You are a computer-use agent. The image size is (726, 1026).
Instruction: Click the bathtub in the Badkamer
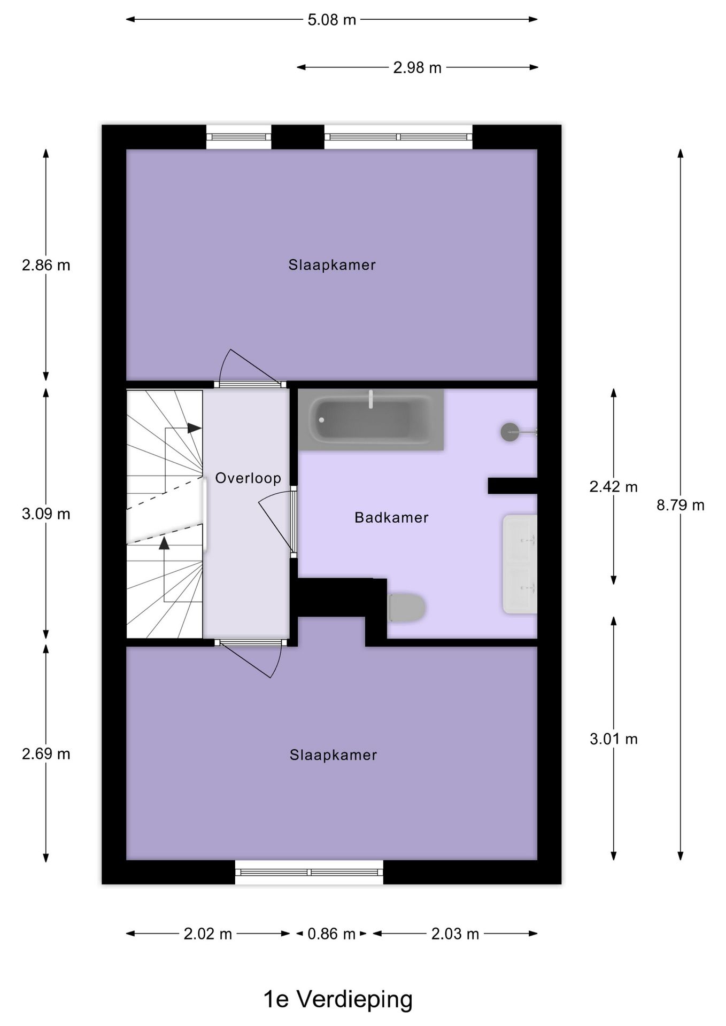(x=370, y=419)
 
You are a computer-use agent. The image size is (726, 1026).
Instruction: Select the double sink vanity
(x=520, y=564)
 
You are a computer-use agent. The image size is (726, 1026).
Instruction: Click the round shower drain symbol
(x=509, y=432)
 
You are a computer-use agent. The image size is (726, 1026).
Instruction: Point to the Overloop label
(x=248, y=478)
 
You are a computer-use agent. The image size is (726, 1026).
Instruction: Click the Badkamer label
(x=391, y=517)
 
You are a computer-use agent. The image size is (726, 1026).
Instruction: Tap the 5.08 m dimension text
(x=331, y=20)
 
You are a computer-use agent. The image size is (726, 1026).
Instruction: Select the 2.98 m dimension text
(x=417, y=67)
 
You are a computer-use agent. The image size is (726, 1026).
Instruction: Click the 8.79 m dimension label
(x=680, y=505)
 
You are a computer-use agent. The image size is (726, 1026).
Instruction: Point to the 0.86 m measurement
(x=331, y=934)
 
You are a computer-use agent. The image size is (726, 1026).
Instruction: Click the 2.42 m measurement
(x=613, y=486)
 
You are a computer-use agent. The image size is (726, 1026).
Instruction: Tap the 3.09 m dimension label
(x=46, y=514)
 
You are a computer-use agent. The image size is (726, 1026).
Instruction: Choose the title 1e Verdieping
(x=338, y=999)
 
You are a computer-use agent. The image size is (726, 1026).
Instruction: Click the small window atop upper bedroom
(x=238, y=137)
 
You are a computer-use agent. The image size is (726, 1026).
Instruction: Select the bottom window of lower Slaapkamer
(x=309, y=872)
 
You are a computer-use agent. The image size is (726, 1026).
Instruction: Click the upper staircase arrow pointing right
(x=194, y=428)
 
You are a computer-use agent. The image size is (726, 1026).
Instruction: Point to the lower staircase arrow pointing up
(x=164, y=543)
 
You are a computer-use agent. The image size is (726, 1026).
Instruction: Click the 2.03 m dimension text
(x=455, y=934)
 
